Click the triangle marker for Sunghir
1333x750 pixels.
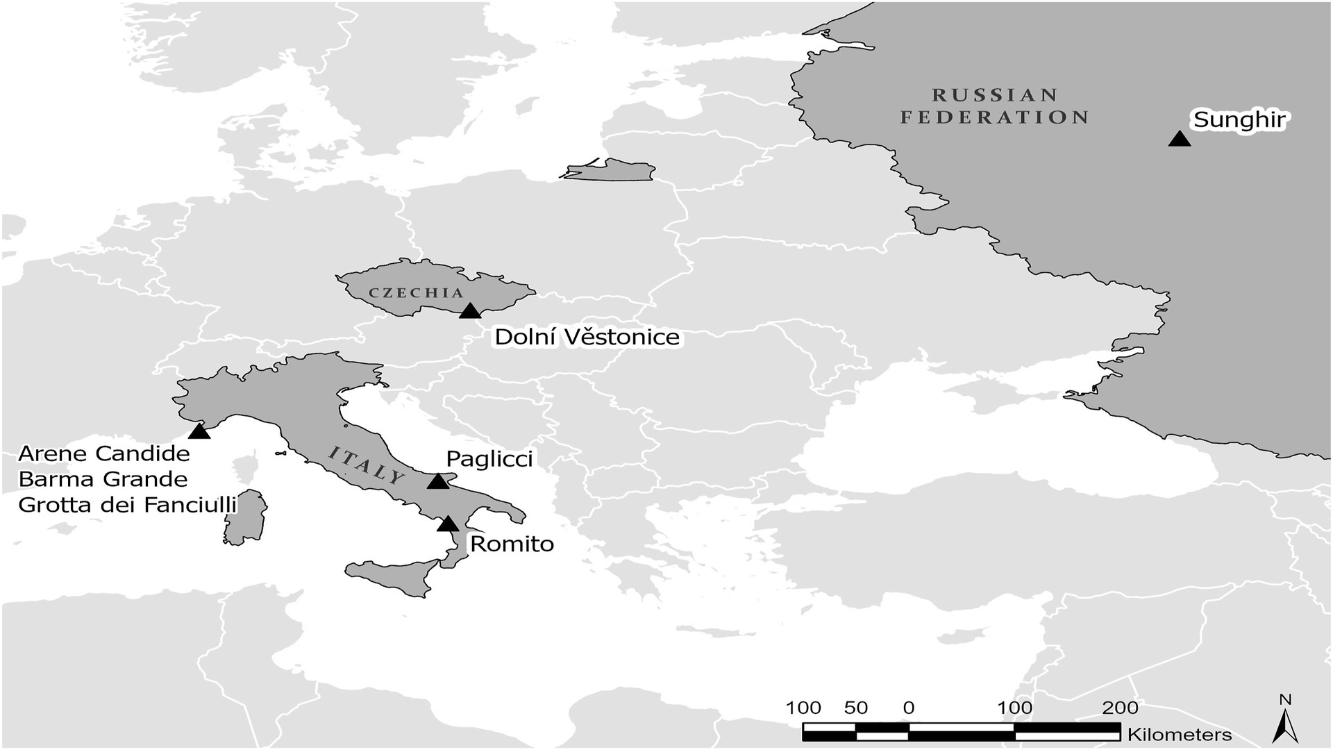click(1179, 140)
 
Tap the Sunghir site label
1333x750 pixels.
click(1239, 119)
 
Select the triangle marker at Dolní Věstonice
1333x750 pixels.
click(470, 311)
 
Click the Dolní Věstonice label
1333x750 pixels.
click(587, 337)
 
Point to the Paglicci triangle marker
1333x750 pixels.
click(437, 481)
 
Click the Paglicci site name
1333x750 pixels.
click(489, 458)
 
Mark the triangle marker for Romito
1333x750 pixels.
click(448, 524)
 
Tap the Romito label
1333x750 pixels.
click(512, 544)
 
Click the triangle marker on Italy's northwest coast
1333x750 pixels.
click(199, 432)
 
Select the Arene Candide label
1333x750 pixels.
click(104, 453)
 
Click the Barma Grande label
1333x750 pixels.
click(103, 479)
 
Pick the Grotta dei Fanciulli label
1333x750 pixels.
click(128, 505)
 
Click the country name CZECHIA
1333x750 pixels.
click(416, 292)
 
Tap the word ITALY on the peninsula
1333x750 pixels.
click(366, 466)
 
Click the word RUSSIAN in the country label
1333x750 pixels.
click(995, 95)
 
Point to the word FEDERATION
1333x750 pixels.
click(995, 117)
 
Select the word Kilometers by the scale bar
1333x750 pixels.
click(1180, 735)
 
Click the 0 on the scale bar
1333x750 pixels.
click(908, 708)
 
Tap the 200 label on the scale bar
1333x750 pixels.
click(1120, 708)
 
